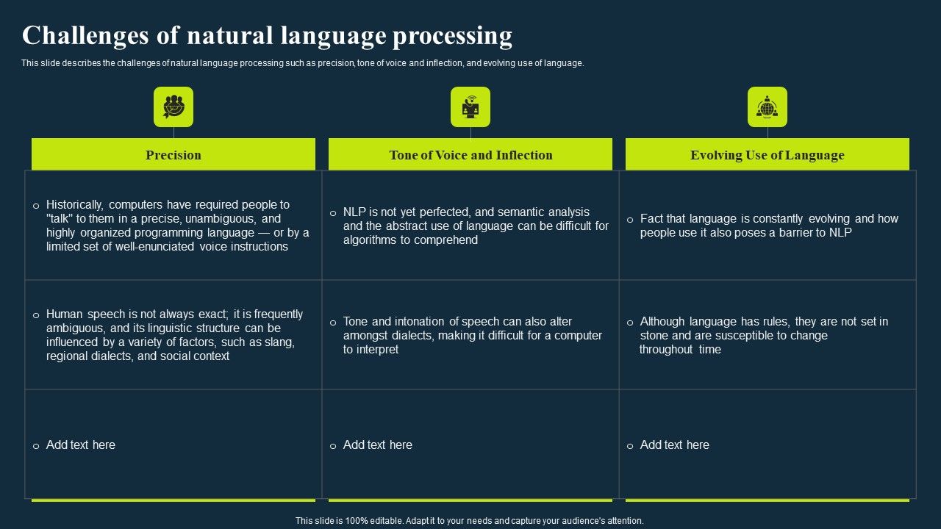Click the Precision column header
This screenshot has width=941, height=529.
tap(173, 155)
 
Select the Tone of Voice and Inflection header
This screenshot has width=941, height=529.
tap(470, 155)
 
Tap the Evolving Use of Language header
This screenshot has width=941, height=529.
tap(767, 155)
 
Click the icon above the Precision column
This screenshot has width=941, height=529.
tap(173, 107)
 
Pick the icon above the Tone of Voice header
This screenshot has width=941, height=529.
tap(470, 107)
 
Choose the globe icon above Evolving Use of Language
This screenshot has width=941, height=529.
tap(767, 107)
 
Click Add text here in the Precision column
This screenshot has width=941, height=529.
tap(81, 445)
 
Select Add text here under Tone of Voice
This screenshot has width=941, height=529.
tap(378, 445)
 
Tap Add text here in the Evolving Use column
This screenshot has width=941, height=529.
tap(675, 445)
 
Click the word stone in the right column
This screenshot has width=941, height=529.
tap(654, 336)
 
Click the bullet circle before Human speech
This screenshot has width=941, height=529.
tap(36, 315)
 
